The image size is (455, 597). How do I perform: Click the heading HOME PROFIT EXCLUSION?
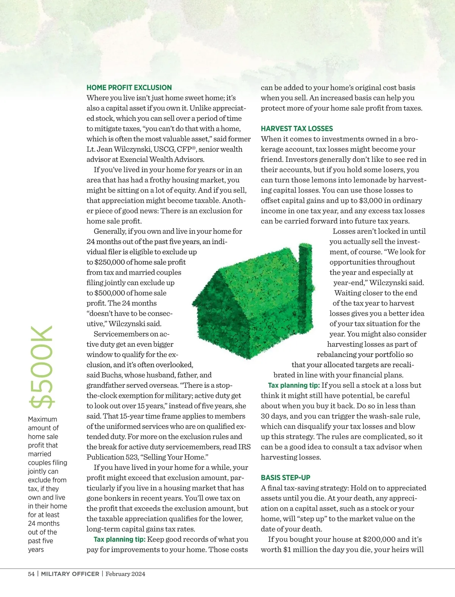pyautogui.click(x=129, y=88)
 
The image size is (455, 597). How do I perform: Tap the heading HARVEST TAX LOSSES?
pyautogui.click(x=297, y=128)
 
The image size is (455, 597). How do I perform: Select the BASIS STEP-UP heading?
pyautogui.click(x=286, y=478)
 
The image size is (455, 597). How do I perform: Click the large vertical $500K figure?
pyautogui.click(x=42, y=367)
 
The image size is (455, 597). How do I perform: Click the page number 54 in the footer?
pyautogui.click(x=31, y=574)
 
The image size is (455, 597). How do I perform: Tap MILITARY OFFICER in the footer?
pyautogui.click(x=70, y=574)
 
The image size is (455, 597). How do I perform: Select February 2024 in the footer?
pyautogui.click(x=125, y=574)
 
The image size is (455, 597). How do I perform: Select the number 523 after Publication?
pyautogui.click(x=133, y=457)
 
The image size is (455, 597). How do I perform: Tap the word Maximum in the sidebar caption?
pyautogui.click(x=42, y=419)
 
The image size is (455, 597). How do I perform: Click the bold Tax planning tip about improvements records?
pyautogui.click(x=119, y=539)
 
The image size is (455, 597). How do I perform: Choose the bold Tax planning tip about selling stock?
pyautogui.click(x=293, y=385)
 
